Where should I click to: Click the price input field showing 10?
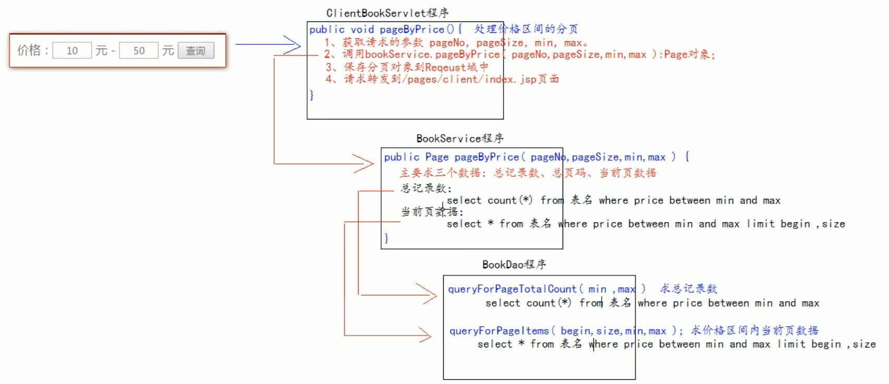click(72, 51)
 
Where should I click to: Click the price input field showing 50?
click(139, 51)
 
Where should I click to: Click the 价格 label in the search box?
click(29, 51)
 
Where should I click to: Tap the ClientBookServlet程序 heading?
click(387, 13)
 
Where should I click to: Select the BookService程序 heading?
click(460, 138)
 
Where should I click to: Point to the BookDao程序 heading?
click(514, 265)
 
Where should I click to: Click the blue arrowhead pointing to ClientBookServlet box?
click(292, 45)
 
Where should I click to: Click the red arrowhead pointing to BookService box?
click(363, 163)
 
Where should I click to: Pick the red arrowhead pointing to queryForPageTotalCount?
click(427, 294)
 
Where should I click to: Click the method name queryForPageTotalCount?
click(512, 289)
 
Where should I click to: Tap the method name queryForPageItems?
click(499, 331)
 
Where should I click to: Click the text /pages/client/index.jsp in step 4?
click(469, 79)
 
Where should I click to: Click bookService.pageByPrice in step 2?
click(432, 54)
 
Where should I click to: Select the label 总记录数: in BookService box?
click(426, 188)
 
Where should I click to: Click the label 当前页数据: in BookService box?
click(432, 212)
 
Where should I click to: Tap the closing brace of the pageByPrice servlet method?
click(312, 95)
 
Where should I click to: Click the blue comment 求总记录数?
click(689, 289)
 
